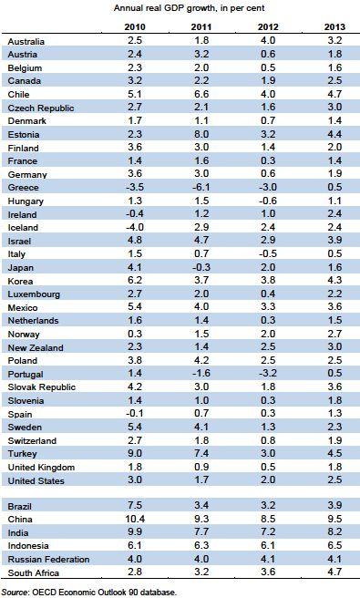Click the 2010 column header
click(x=135, y=27)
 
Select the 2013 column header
click(x=334, y=27)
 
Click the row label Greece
click(x=24, y=188)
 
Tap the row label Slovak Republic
click(x=42, y=387)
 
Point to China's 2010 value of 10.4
click(x=135, y=519)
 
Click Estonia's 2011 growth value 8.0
click(x=201, y=134)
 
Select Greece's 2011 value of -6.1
click(x=201, y=187)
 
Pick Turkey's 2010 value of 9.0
click(x=135, y=453)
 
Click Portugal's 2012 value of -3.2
click(x=268, y=374)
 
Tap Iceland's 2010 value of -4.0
click(x=135, y=227)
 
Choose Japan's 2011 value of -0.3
click(x=201, y=267)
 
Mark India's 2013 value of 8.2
click(x=334, y=532)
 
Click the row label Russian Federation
click(x=49, y=560)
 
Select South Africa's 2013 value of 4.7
click(x=334, y=572)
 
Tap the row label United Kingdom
click(x=41, y=468)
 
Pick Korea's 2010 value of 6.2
click(x=135, y=281)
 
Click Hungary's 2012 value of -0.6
click(x=268, y=201)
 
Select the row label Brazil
click(x=19, y=507)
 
